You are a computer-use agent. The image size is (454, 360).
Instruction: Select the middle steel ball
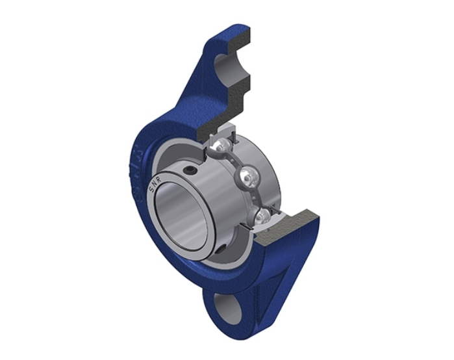(x=247, y=174)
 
